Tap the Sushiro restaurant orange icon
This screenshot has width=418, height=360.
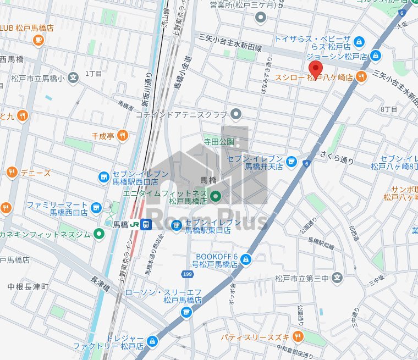tap(361, 77)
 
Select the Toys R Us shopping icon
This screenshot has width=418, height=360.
tap(359, 41)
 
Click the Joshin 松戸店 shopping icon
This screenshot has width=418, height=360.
tap(376, 56)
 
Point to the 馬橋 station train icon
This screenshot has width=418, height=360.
tap(146, 224)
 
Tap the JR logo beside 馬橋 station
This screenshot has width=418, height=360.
tap(134, 224)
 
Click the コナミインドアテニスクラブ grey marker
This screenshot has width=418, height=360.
tap(237, 114)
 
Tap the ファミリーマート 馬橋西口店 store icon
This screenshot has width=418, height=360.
tap(97, 208)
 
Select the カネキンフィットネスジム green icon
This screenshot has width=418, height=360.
tap(99, 234)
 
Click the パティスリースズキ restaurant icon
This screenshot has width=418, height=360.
tap(298, 336)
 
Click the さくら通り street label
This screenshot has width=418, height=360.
tap(337, 160)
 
